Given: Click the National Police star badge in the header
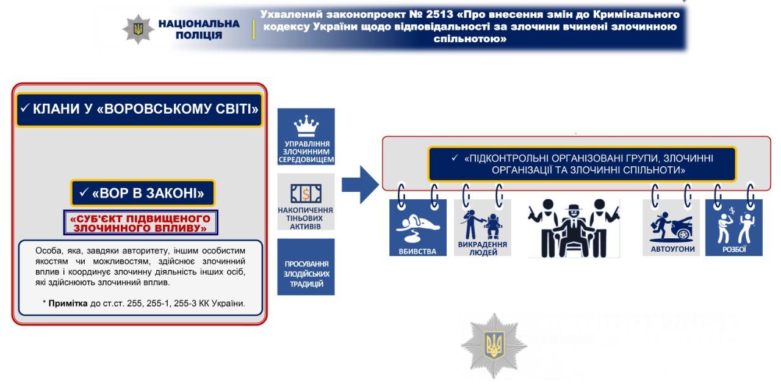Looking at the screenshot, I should [x=138, y=28].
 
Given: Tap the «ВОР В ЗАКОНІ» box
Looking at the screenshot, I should [x=143, y=194].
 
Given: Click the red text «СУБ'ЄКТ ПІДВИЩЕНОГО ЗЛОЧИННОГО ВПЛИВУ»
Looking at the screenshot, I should [x=140, y=223].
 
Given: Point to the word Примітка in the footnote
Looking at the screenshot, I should [x=68, y=303].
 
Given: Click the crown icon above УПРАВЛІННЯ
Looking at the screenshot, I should [x=306, y=126].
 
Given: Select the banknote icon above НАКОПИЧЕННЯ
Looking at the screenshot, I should [x=306, y=194].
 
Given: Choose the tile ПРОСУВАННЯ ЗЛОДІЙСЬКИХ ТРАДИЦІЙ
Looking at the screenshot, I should [x=306, y=274].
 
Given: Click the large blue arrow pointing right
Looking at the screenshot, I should [x=360, y=184].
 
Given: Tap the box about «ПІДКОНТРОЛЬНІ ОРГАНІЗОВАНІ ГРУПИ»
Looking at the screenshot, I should [x=582, y=164].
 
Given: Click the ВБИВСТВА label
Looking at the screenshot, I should [x=418, y=250].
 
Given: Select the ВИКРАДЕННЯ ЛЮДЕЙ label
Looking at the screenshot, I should [x=483, y=248].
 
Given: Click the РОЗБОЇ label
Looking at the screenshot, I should [x=734, y=249].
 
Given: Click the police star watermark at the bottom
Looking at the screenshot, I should [x=494, y=346].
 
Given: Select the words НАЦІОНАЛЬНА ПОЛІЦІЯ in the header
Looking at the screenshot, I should [x=199, y=29].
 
